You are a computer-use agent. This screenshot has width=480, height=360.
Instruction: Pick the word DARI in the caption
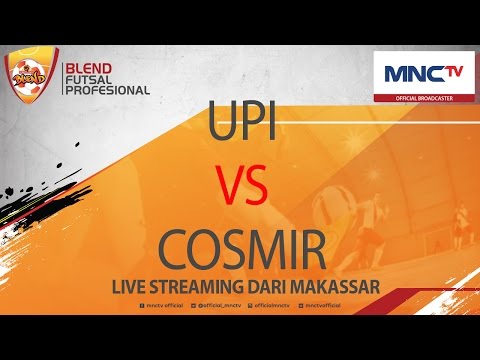click(276, 287)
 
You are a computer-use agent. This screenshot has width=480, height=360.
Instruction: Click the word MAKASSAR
click(341, 287)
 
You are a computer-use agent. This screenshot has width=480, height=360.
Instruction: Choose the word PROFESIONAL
click(107, 89)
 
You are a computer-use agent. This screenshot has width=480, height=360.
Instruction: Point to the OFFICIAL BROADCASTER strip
click(424, 96)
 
